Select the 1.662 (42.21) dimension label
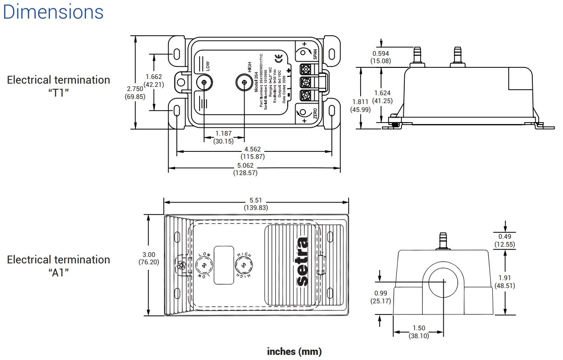pos(154,80)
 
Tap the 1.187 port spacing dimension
pos(224,137)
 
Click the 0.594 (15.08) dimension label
pos(380,57)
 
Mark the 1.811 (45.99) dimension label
pos(360,105)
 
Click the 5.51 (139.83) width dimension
pos(256,203)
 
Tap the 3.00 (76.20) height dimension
pos(149,258)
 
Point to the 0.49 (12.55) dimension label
pos(505,240)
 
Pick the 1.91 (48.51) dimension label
pos(505,281)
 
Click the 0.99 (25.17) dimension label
pos(380,297)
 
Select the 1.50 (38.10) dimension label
pos(419,332)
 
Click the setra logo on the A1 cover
pos(301,262)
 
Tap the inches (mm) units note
pos(294,351)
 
